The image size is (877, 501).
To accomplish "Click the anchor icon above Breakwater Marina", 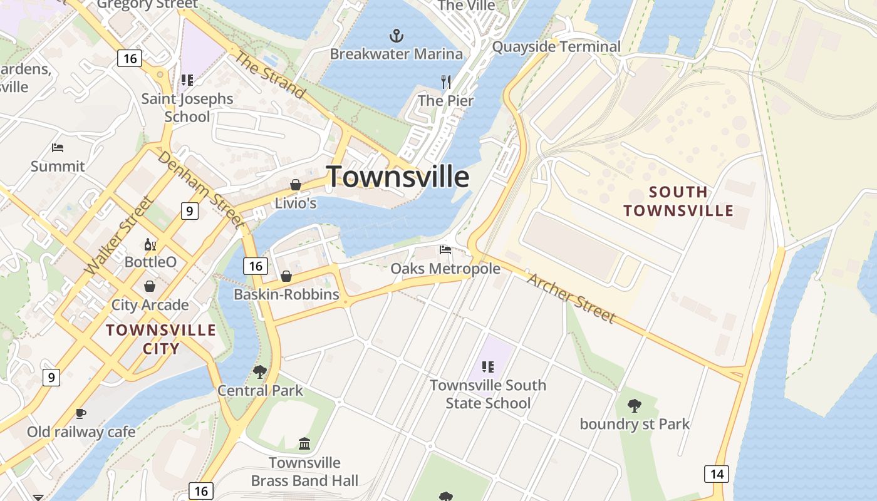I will coord(396,35).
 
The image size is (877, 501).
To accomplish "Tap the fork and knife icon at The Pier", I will coord(446,82).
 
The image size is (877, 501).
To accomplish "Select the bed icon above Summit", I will coord(58,148).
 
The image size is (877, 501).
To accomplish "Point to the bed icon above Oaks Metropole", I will coord(445,250).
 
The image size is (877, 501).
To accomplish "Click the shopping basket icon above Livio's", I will coord(296,185).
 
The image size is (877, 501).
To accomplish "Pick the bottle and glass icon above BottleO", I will coord(150,244).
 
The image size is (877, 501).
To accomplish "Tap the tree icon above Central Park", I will coord(260,372).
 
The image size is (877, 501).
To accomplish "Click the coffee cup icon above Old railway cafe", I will coord(81,413).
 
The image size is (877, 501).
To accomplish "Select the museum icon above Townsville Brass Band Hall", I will coord(304,444).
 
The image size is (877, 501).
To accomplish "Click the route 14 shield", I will coord(717,474).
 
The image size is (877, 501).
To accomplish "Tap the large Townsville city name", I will coord(398,177).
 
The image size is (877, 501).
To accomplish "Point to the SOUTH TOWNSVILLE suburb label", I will coord(678,201).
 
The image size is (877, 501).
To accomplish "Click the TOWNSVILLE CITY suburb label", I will coord(161,339).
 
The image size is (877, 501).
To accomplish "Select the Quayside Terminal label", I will coord(556,47).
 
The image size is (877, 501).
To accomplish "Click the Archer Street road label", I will coord(570,297).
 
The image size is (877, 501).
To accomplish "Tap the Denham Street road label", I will coord(200,189).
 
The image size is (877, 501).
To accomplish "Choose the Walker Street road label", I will coord(118,236).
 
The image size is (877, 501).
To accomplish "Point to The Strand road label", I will coord(269,75).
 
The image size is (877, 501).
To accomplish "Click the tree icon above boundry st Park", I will coord(635,406).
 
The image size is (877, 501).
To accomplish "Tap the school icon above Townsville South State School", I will coord(488,367).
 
